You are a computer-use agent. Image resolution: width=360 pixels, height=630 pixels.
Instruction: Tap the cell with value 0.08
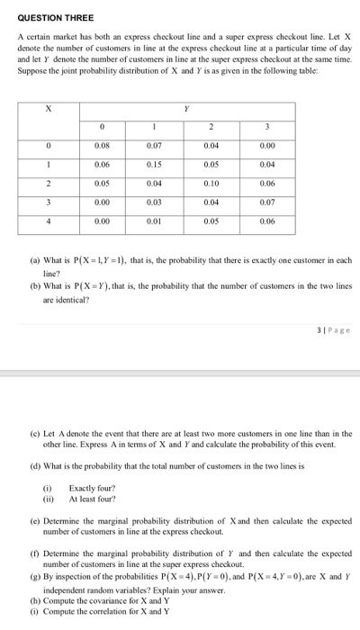click(x=103, y=145)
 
